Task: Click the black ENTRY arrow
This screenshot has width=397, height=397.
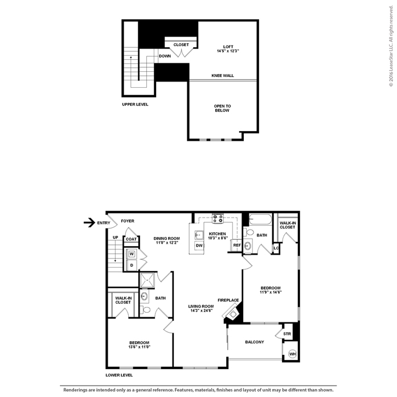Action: tap(89, 223)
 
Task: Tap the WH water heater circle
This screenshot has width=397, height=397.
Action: tap(292, 354)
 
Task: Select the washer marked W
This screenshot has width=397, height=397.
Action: tap(132, 254)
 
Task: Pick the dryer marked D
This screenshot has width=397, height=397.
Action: tap(132, 265)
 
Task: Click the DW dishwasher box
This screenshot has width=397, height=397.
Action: tap(199, 245)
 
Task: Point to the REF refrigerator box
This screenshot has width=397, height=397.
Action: tap(237, 245)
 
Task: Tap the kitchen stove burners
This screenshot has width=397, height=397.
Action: tap(218, 219)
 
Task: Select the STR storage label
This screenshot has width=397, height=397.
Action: tap(287, 334)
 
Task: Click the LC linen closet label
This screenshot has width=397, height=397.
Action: tap(276, 248)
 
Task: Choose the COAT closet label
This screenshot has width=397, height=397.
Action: tap(131, 239)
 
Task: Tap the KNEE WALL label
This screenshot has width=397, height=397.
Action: tap(223, 75)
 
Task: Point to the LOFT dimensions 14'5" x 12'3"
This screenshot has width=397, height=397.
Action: tap(228, 51)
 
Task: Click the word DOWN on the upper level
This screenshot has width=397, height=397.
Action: tap(165, 56)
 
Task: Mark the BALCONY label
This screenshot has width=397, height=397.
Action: tap(255, 342)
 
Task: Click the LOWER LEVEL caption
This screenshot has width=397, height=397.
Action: tap(119, 375)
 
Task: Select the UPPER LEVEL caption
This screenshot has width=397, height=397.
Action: tap(135, 104)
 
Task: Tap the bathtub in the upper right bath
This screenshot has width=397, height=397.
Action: tap(260, 219)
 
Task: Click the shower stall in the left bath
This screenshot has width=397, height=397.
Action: tap(148, 280)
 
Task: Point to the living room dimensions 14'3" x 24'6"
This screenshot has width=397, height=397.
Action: tap(201, 310)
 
